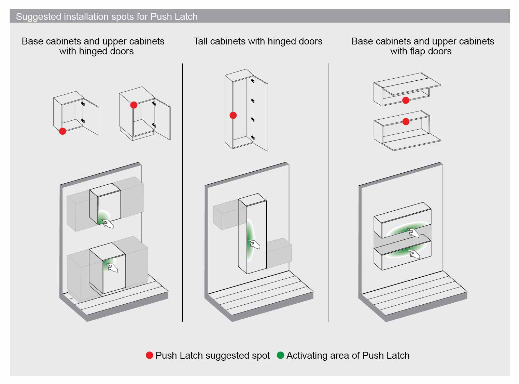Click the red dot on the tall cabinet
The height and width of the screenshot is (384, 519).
click(233, 115)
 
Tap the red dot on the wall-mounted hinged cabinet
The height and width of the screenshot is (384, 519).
click(62, 131)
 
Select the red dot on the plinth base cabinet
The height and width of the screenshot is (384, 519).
click(134, 105)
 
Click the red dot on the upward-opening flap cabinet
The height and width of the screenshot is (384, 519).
click(406, 100)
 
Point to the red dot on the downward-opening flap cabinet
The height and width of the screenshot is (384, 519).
click(406, 121)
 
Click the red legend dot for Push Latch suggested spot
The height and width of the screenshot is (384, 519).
click(149, 355)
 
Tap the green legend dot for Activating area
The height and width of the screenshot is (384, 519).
click(280, 355)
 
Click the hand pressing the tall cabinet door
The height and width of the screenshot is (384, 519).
click(254, 244)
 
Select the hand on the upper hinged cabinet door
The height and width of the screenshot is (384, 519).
click(108, 224)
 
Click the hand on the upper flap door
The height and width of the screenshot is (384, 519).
click(413, 233)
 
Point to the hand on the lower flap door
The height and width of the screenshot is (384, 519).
click(414, 254)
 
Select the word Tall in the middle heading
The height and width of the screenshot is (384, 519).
click(200, 41)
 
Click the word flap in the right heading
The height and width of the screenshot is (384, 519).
click(417, 51)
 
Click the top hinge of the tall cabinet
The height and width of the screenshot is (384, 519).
click(253, 81)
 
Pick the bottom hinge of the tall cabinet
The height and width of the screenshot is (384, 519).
click(253, 137)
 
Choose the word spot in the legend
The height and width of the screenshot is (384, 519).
click(261, 356)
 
